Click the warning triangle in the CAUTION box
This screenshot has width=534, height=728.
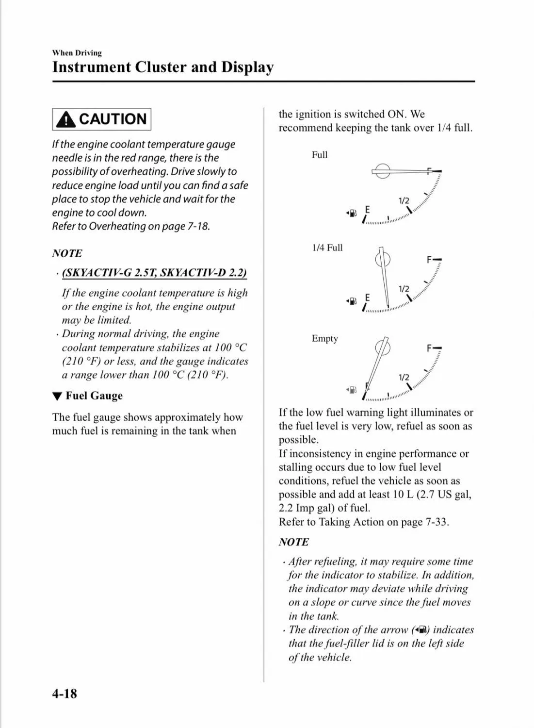pyautogui.click(x=66, y=119)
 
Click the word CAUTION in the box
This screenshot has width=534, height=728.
pyautogui.click(x=113, y=119)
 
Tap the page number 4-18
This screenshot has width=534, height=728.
pyautogui.click(x=65, y=694)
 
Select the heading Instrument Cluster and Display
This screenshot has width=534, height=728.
pyautogui.click(x=162, y=67)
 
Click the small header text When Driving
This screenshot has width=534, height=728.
pyautogui.click(x=77, y=53)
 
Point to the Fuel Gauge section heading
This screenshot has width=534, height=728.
pyautogui.click(x=94, y=396)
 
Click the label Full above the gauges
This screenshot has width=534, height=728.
pyautogui.click(x=320, y=155)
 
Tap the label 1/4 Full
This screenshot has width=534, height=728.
pyautogui.click(x=327, y=248)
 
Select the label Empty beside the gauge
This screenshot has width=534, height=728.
pyautogui.click(x=324, y=338)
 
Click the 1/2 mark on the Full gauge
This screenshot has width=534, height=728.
pyautogui.click(x=404, y=201)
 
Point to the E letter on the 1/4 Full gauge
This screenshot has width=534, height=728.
pyautogui.click(x=367, y=298)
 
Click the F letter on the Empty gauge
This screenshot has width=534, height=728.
pyautogui.click(x=429, y=348)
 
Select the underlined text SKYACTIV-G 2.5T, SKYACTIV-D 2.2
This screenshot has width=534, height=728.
pyautogui.click(x=154, y=272)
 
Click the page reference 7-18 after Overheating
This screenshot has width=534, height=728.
pyautogui.click(x=198, y=226)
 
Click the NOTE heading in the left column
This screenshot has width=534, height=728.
pyautogui.click(x=67, y=253)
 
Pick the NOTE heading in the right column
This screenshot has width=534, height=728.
pyautogui.click(x=293, y=542)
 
